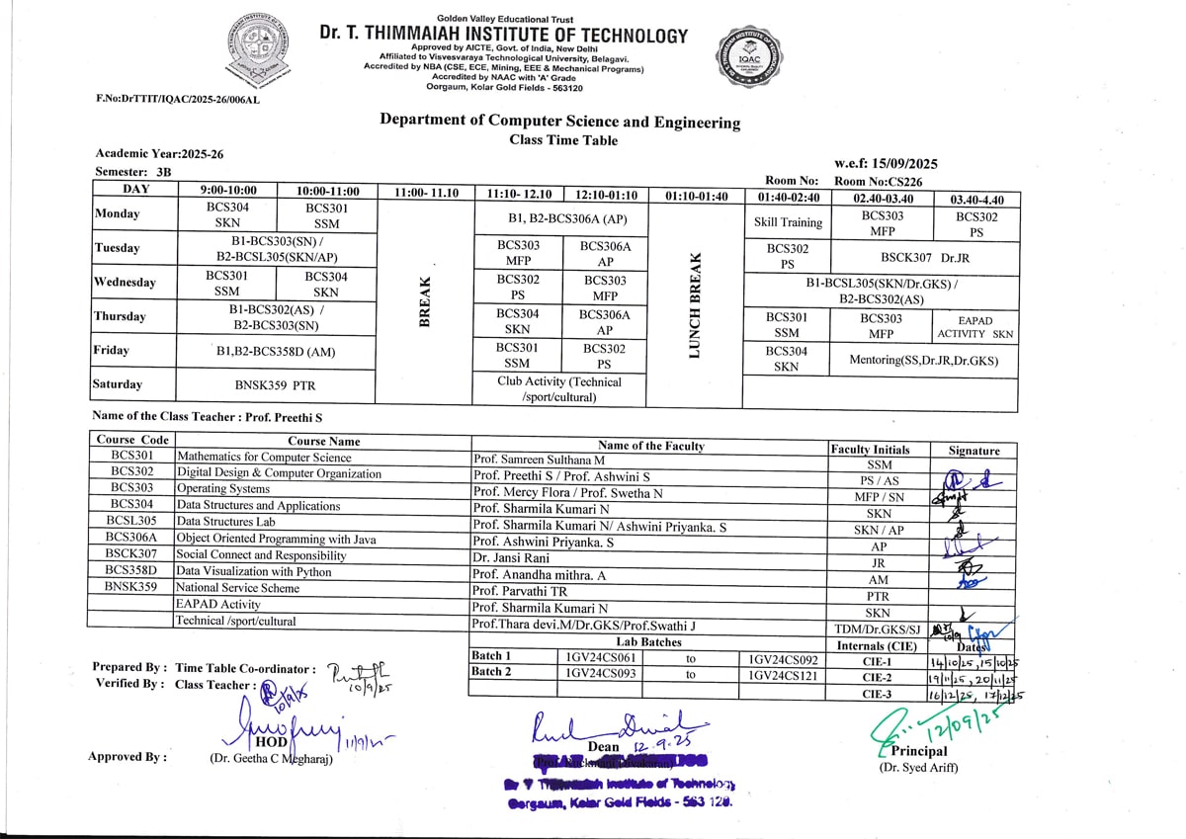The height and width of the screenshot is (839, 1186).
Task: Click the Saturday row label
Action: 118,384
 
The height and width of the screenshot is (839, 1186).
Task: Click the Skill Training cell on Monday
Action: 787,222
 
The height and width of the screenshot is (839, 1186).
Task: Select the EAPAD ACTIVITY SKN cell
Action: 974,328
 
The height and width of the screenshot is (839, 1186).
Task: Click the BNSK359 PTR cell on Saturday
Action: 276,385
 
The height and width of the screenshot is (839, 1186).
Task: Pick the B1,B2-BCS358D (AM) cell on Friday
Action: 276,351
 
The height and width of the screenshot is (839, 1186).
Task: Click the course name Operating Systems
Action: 222,489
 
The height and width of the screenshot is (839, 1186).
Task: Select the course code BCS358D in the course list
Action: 131,571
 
